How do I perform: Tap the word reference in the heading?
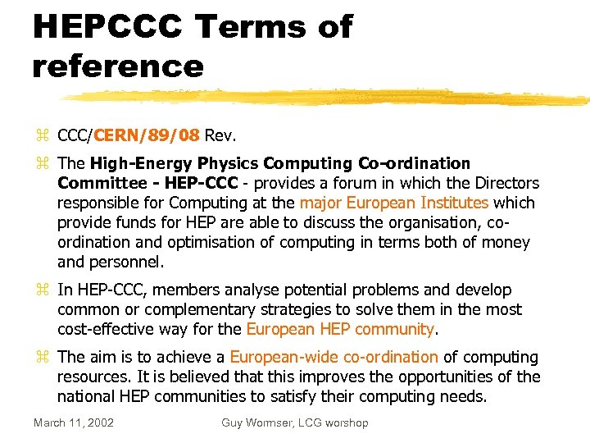[x=117, y=66]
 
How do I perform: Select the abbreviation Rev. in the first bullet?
[x=220, y=134]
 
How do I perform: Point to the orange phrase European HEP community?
[x=340, y=329]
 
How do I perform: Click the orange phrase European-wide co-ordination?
[x=334, y=357]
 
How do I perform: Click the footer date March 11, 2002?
[x=74, y=422]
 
